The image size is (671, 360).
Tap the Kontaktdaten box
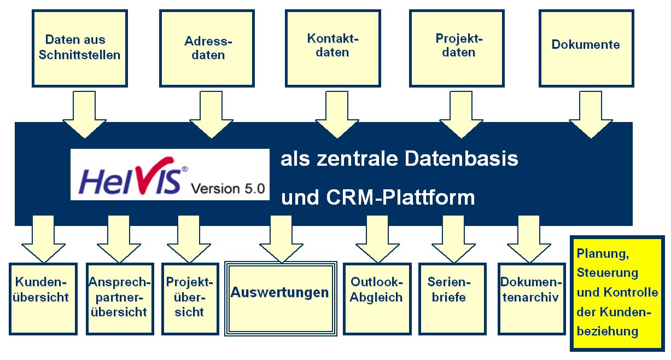point(334,48)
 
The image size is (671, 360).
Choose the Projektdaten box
point(459,48)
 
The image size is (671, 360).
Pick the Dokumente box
point(586,48)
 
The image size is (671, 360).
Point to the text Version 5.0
point(227,189)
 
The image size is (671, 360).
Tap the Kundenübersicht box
point(43,299)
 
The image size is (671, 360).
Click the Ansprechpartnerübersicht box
point(119,299)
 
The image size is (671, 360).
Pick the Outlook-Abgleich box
point(376,299)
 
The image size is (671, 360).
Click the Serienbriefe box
point(452,299)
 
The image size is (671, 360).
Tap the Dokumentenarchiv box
point(530,299)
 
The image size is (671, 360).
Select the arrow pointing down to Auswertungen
point(281,241)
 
